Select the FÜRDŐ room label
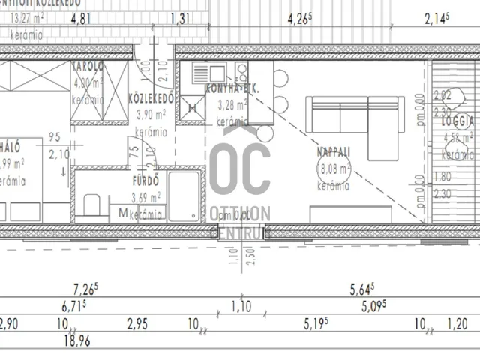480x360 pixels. pyautogui.click(x=145, y=181)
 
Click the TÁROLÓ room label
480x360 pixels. pyautogui.click(x=88, y=66)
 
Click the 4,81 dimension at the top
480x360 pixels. pyautogui.click(x=82, y=21)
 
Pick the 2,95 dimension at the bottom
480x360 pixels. pyautogui.click(x=138, y=324)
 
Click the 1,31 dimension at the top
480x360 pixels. pyautogui.click(x=180, y=21)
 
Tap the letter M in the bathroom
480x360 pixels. pyautogui.click(x=122, y=214)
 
